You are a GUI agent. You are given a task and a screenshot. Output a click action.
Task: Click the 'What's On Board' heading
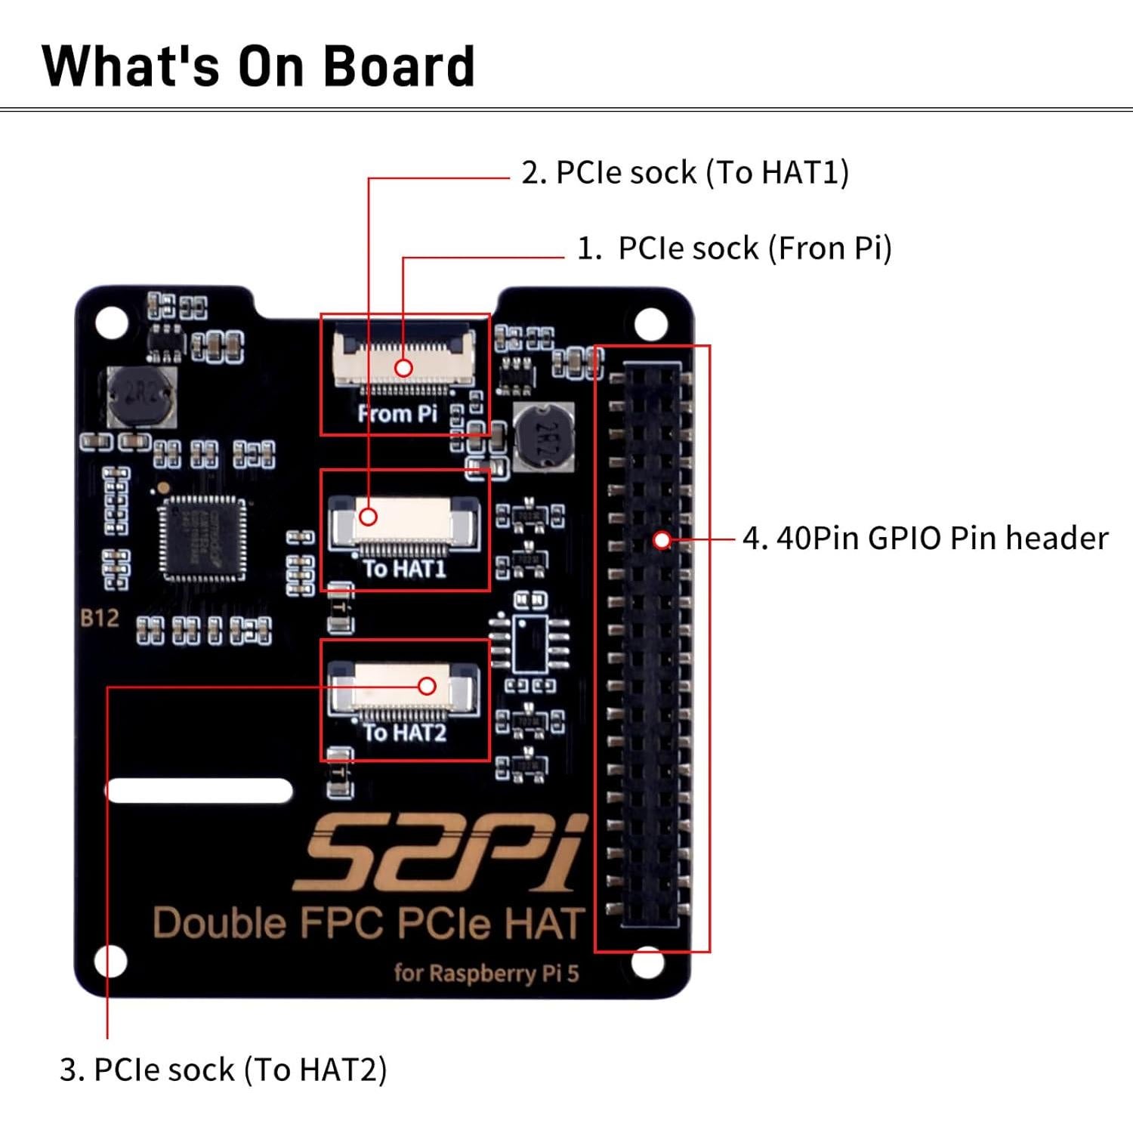(258, 66)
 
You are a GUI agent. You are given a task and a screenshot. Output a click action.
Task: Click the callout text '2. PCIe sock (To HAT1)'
(685, 173)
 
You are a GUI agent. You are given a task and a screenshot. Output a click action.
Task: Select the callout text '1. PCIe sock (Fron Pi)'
(734, 249)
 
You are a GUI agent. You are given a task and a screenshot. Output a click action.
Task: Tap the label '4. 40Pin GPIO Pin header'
(925, 539)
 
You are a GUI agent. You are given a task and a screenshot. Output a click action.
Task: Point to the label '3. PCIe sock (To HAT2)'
(223, 1070)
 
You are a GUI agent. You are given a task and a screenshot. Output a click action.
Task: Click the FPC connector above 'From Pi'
(405, 358)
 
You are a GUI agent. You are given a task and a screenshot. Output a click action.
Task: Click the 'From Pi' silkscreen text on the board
(397, 414)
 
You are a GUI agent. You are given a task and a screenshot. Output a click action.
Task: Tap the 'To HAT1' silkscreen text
(405, 569)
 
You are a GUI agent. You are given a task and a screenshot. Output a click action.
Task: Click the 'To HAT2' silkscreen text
(405, 733)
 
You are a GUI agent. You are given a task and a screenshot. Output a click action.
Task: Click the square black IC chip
(202, 539)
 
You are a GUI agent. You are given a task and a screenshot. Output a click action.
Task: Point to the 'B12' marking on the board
(100, 619)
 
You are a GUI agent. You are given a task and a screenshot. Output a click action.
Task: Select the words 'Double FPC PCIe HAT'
(369, 923)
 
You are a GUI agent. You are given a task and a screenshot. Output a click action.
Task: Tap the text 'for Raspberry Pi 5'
(486, 973)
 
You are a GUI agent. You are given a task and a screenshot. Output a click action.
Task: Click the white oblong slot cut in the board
(199, 791)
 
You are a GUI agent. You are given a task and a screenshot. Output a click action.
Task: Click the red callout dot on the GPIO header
(662, 540)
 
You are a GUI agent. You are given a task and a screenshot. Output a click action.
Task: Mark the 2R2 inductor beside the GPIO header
(543, 437)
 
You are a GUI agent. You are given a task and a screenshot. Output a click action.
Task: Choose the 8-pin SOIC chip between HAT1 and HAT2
(530, 643)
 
